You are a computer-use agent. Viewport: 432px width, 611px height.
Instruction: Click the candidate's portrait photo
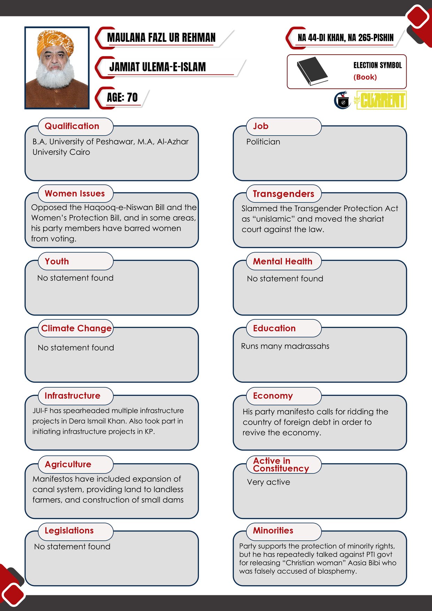pos(57,68)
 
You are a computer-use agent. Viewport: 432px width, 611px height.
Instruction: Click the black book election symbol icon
pos(312,71)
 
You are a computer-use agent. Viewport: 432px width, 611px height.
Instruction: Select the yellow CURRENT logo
pos(381,100)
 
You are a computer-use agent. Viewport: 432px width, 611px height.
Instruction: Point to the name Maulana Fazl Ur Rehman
pos(161,38)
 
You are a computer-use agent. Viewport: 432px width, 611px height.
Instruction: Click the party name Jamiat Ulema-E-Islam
pos(157,67)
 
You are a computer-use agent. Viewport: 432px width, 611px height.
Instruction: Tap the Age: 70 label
pos(122,98)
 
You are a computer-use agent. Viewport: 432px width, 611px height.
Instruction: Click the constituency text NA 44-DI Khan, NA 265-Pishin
pos(345,38)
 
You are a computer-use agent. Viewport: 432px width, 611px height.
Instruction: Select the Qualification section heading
pos(72,126)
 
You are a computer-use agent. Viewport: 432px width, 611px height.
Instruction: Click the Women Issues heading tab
pos(75,194)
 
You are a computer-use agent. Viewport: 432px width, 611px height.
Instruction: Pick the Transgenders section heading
pos(283,194)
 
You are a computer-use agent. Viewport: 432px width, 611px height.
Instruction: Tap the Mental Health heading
pos(283,261)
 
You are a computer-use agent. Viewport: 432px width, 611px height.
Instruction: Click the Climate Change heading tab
pos(76,328)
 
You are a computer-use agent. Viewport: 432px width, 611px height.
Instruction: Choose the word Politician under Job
pos(263,142)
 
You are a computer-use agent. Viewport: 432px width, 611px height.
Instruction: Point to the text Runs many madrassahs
pos(285,346)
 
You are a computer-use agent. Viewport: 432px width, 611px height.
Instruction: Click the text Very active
pos(268,482)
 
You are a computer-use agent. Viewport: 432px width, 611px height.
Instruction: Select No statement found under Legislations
pos(72,547)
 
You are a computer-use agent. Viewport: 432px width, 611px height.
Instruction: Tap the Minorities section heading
pos(273,531)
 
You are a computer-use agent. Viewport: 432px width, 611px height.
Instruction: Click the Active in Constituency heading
pos(281,465)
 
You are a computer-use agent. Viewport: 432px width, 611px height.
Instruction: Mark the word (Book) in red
pos(365,77)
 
